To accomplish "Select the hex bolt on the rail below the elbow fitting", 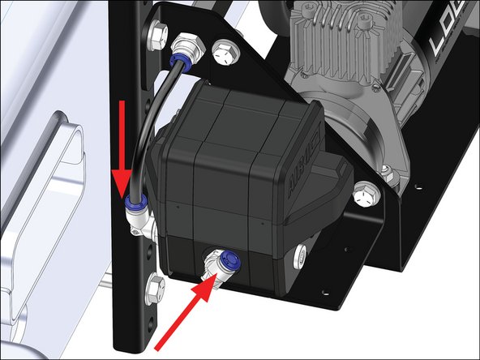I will click(x=153, y=285).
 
